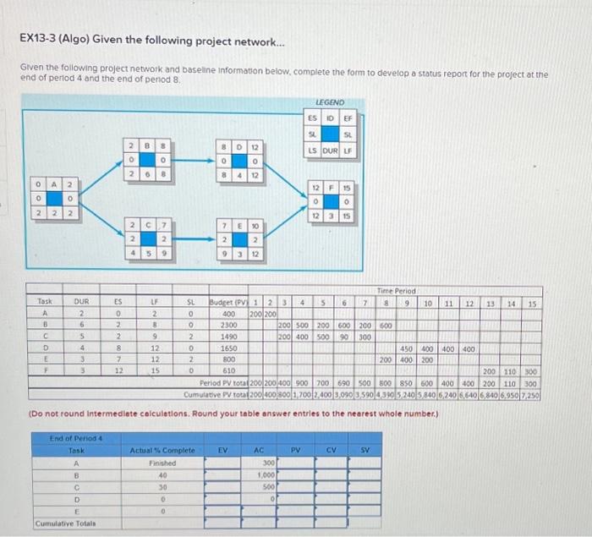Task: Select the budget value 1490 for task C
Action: [x=227, y=336]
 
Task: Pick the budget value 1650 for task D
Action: [x=227, y=348]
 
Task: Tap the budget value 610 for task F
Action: [x=227, y=370]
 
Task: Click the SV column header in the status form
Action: [x=365, y=451]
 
